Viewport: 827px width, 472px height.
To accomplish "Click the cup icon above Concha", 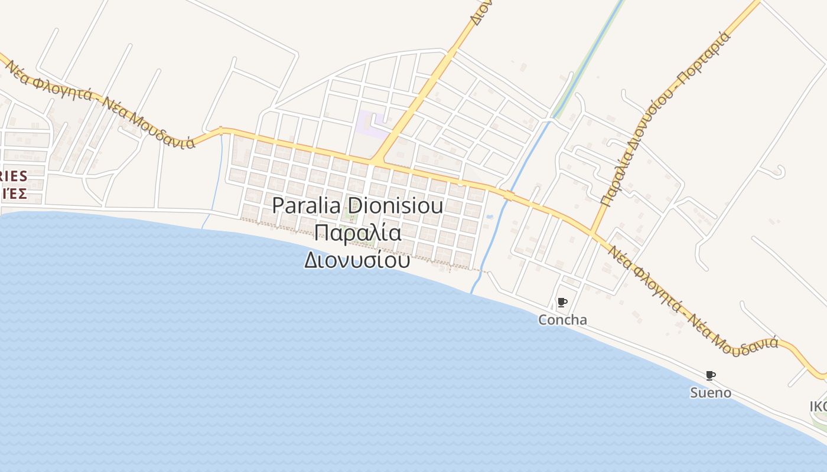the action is click(562, 303).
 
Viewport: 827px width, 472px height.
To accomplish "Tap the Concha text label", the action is click(562, 320).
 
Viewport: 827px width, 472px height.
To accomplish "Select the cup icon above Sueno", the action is click(710, 375).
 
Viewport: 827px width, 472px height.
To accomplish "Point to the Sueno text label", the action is click(711, 392).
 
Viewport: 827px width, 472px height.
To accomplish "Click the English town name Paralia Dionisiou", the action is click(357, 206).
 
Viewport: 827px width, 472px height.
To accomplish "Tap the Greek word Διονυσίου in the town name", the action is click(357, 260).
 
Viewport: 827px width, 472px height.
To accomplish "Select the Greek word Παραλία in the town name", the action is click(358, 233).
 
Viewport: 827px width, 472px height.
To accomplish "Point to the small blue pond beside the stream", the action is click(489, 217).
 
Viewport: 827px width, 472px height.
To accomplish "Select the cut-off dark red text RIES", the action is click(14, 176).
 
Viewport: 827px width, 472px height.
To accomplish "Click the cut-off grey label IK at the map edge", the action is click(818, 407).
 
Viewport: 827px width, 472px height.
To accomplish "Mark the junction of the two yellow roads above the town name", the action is click(376, 160).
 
